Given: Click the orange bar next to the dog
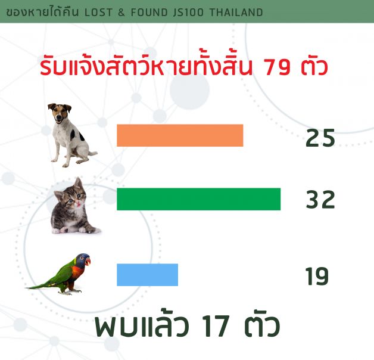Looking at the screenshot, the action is [180, 135].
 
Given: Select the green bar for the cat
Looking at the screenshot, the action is [199, 199].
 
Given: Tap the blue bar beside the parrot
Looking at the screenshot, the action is [148, 275].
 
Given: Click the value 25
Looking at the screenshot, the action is [320, 138].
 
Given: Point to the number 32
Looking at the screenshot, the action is [320, 200].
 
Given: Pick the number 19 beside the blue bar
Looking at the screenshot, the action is [317, 276].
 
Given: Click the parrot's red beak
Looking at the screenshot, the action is [88, 262].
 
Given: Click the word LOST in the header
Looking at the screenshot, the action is [98, 12].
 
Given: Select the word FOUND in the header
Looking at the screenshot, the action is [149, 12].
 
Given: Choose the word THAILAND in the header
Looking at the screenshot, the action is [236, 12].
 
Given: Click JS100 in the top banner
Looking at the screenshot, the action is [189, 12].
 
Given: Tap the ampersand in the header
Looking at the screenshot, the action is [121, 12].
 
